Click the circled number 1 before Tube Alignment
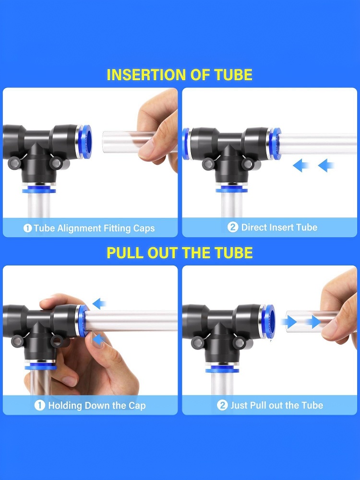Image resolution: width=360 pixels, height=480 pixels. coord(27,228)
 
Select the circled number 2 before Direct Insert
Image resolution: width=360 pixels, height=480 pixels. coord(233,227)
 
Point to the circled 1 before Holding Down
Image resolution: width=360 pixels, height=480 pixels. coord(40,405)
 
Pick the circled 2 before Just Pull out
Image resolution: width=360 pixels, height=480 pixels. coord(222,405)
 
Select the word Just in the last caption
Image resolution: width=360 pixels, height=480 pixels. coord(239,405)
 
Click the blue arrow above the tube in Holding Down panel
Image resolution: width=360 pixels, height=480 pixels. coord(99,304)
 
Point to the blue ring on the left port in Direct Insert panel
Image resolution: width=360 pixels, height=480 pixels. coord(185,144)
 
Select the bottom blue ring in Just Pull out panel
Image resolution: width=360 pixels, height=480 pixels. coord(222,370)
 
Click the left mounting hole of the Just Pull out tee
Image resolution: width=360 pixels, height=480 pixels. coord(196,342)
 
